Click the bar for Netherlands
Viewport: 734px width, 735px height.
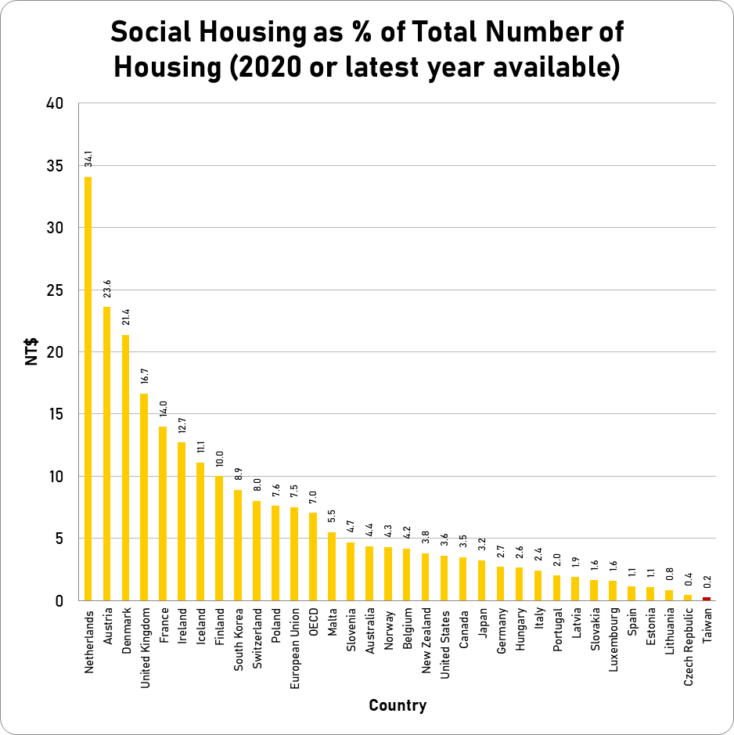(x=88, y=388)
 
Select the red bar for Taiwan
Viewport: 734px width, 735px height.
(x=707, y=599)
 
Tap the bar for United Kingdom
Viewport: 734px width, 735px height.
(x=144, y=496)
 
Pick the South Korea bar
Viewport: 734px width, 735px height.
(x=238, y=545)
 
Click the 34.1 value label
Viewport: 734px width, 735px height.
(x=88, y=159)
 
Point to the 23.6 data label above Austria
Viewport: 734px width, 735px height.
(x=107, y=289)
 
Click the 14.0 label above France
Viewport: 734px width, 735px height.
(x=164, y=409)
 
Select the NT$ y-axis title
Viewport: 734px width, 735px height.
(x=32, y=351)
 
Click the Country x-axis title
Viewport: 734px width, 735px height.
(x=398, y=705)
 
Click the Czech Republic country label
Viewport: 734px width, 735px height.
(x=689, y=649)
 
